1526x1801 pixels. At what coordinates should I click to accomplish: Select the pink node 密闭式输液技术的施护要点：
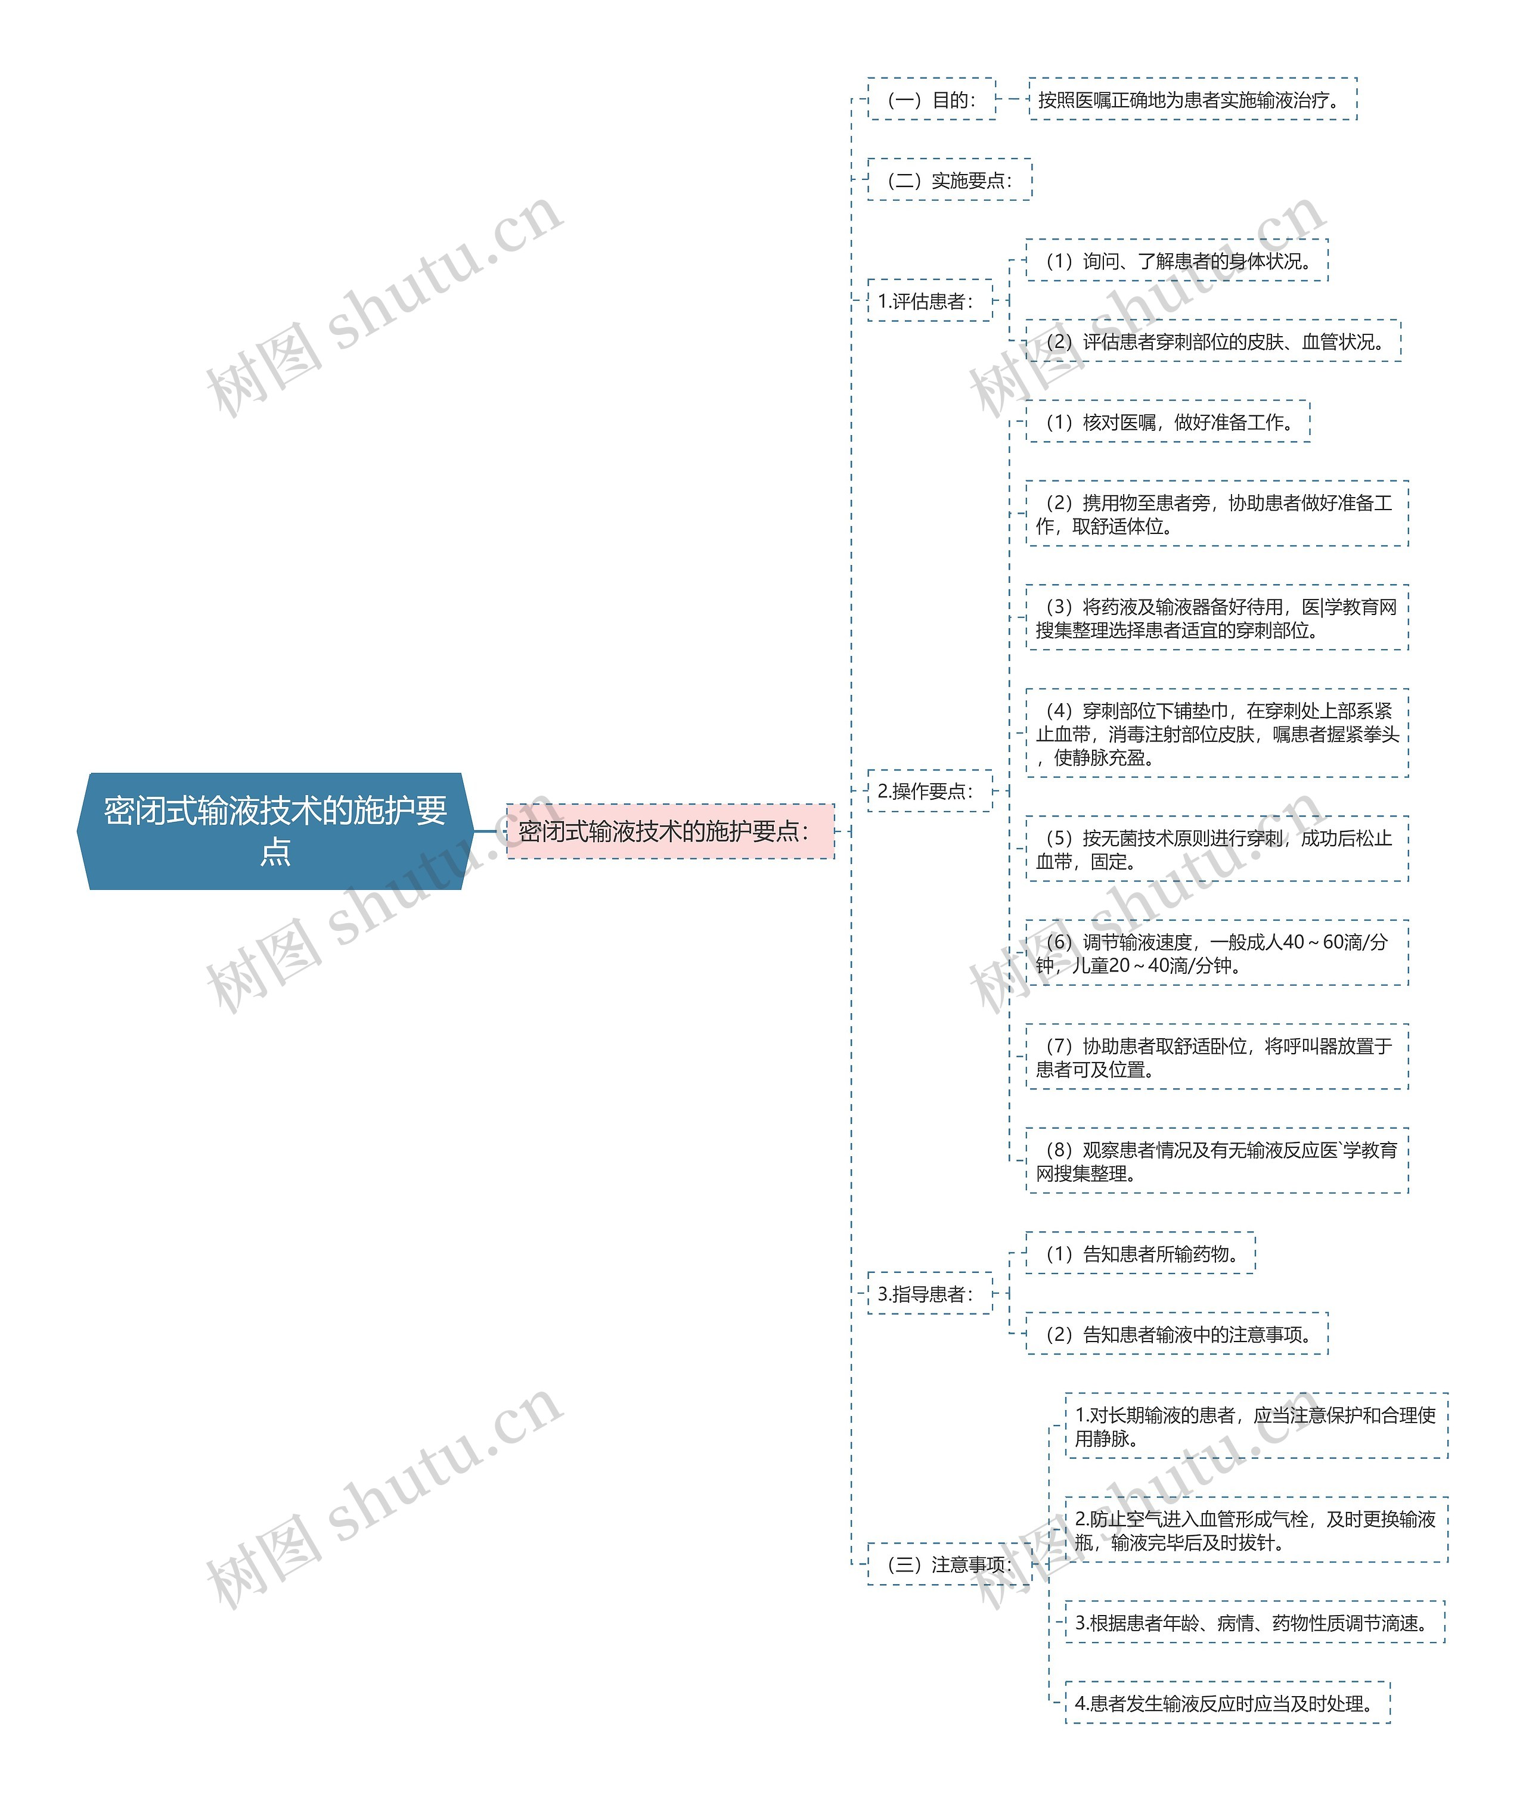(x=671, y=831)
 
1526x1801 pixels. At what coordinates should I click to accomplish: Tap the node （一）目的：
(x=932, y=100)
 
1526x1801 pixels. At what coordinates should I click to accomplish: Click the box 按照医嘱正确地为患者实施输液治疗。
(x=1193, y=100)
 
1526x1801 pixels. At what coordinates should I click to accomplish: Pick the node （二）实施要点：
(x=950, y=180)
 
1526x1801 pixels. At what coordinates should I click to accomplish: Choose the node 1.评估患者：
(x=930, y=301)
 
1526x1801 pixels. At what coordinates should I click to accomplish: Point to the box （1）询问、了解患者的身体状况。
(x=1177, y=261)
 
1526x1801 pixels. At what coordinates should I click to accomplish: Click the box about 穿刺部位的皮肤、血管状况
(x=1214, y=341)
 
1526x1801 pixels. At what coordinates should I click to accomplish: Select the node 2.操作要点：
(x=930, y=791)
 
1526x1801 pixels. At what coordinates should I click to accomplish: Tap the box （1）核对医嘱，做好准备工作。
(x=1169, y=422)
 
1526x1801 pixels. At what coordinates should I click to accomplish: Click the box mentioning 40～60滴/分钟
(x=1217, y=954)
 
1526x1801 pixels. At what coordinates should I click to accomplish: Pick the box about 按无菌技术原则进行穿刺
(x=1217, y=849)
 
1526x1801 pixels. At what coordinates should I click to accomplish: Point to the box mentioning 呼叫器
(x=1217, y=1057)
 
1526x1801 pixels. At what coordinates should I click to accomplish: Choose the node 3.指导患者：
(x=930, y=1293)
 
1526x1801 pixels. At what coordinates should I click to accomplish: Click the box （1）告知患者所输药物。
(x=1141, y=1253)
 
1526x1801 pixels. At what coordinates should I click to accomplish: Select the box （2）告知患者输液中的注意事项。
(x=1177, y=1334)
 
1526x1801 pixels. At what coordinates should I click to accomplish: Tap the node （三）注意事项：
(x=950, y=1564)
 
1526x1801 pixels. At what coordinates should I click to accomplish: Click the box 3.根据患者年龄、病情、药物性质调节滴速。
(x=1255, y=1623)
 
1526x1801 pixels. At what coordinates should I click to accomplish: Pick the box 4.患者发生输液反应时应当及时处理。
(x=1227, y=1703)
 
